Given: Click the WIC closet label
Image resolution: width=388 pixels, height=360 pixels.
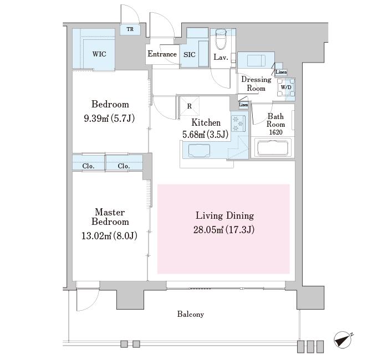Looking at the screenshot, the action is pos(99,54).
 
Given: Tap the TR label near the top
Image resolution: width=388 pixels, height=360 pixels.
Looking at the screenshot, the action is pos(130,29).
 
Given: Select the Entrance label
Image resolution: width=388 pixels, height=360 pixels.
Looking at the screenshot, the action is pos(162,54).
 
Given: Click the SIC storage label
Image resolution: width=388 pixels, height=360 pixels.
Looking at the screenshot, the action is pos(190,55).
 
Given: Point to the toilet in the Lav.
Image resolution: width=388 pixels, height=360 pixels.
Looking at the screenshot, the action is pos(221,39).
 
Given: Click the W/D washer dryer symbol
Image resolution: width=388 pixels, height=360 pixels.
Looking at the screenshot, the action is pos(286,88).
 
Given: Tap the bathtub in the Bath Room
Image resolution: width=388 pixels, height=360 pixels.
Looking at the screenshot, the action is pos(273,148).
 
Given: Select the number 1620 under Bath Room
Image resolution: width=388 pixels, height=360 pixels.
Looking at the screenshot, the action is pos(275,132).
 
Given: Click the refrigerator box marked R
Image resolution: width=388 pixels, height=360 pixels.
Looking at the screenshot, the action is pos(190,106).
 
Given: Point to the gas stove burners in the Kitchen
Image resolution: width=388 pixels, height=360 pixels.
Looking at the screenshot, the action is pos(238,123).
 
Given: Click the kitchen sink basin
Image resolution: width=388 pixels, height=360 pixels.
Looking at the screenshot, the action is pos(199,151).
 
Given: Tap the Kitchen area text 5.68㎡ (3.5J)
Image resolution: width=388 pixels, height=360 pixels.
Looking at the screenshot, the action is pos(205,135).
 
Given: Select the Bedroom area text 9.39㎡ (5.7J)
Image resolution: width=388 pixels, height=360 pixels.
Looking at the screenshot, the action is pos(109,119).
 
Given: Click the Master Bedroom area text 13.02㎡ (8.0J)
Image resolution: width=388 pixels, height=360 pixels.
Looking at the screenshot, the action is pos(109,236).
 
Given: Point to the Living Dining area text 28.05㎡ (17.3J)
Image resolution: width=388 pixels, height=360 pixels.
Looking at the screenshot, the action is pos(224,230).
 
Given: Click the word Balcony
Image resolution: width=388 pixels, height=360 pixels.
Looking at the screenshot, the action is pos(191,314).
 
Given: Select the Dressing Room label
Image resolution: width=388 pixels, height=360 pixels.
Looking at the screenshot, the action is pos(256,84).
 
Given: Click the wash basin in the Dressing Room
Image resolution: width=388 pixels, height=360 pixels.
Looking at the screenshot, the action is pos(256,60).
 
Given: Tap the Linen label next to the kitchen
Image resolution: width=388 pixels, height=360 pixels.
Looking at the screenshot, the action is pos(243,105).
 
